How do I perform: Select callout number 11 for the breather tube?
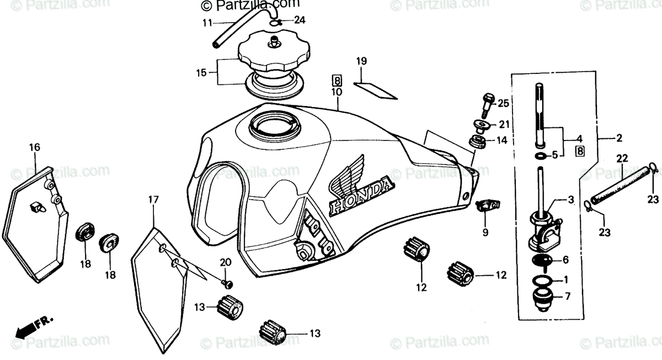pyautogui.click(x=207, y=23)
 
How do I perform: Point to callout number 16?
pyautogui.click(x=35, y=147)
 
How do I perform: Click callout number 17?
pyautogui.click(x=153, y=199)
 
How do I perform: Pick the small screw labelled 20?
pyautogui.click(x=226, y=283)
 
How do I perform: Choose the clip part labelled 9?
pyautogui.click(x=488, y=207)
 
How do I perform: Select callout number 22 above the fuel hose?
pyautogui.click(x=622, y=159)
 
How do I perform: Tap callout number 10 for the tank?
pyautogui.click(x=337, y=92)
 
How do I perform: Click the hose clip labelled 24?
pyautogui.click(x=277, y=23)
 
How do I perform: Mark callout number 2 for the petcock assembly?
pyautogui.click(x=620, y=138)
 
